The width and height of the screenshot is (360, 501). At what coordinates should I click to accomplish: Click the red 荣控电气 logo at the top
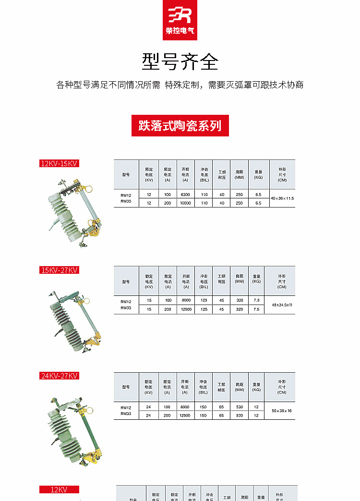tap(180, 20)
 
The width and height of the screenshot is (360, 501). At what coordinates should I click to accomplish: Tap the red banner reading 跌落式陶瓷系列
tap(180, 126)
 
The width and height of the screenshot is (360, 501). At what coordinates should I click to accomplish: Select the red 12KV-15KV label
tap(59, 163)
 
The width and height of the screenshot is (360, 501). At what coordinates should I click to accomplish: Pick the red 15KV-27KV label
tap(59, 270)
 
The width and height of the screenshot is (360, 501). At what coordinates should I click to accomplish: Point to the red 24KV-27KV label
tap(59, 376)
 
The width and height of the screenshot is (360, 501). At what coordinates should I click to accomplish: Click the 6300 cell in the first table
tap(185, 195)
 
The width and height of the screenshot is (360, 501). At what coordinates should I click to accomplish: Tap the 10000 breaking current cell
tap(185, 203)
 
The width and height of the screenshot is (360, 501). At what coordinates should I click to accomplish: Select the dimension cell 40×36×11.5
tap(282, 198)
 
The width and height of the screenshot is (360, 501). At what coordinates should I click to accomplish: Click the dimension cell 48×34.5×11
tap(282, 305)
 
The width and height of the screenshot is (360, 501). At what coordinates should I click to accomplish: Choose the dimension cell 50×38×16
tap(282, 411)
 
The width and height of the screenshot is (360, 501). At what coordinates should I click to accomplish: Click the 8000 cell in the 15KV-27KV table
tap(186, 300)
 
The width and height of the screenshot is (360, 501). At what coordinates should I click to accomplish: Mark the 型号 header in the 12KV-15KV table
tap(126, 174)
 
